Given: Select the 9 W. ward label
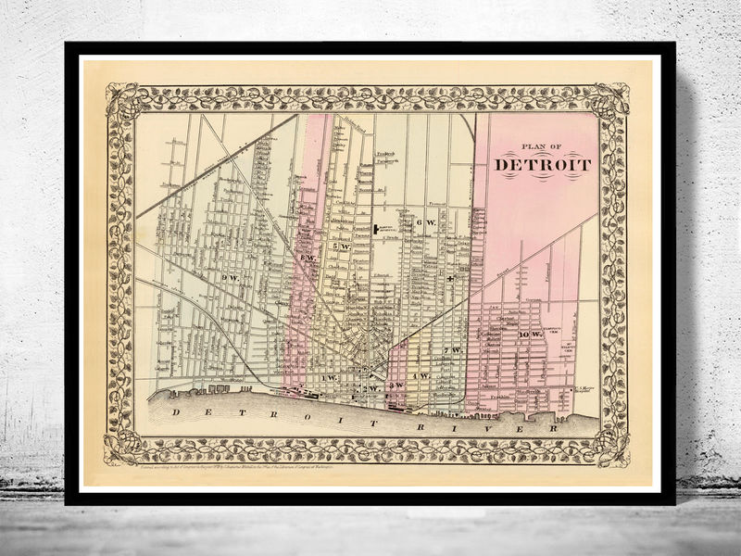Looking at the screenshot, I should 230,278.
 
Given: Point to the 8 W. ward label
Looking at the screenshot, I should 308,258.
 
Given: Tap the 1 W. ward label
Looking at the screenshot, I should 329,380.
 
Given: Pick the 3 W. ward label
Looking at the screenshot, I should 396,385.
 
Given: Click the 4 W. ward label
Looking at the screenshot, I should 420,376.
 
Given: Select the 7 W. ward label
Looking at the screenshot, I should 452,350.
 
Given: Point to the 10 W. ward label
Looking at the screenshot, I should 530,334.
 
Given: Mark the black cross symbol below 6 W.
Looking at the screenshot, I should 450,278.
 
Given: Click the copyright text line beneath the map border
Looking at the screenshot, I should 250,472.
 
